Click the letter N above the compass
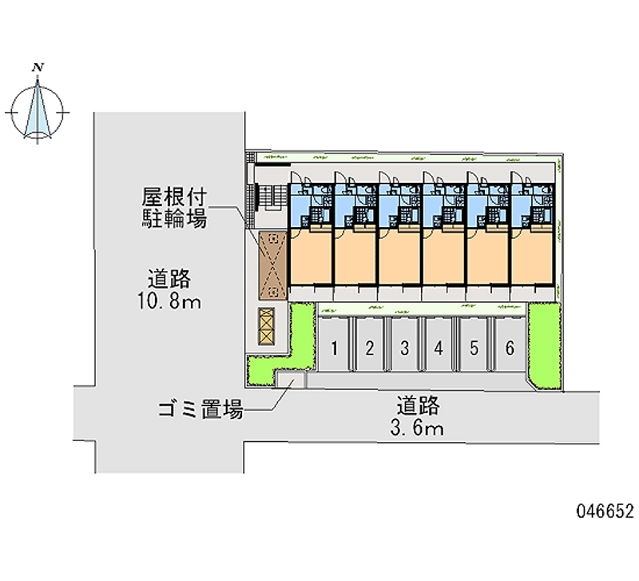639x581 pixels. [x=38, y=67]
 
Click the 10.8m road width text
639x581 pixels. [x=169, y=302]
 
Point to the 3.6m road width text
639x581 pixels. [x=417, y=428]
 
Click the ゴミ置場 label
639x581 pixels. [x=200, y=409]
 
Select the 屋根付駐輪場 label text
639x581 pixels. [x=174, y=208]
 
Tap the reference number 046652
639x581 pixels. [x=605, y=511]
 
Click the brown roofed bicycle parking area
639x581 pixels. [x=273, y=265]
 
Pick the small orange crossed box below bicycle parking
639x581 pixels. [x=266, y=326]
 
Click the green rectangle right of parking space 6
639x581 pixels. [x=545, y=345]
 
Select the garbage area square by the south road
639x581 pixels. [x=291, y=379]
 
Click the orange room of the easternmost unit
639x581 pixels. [x=531, y=257]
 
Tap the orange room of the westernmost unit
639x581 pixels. [x=311, y=257]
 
